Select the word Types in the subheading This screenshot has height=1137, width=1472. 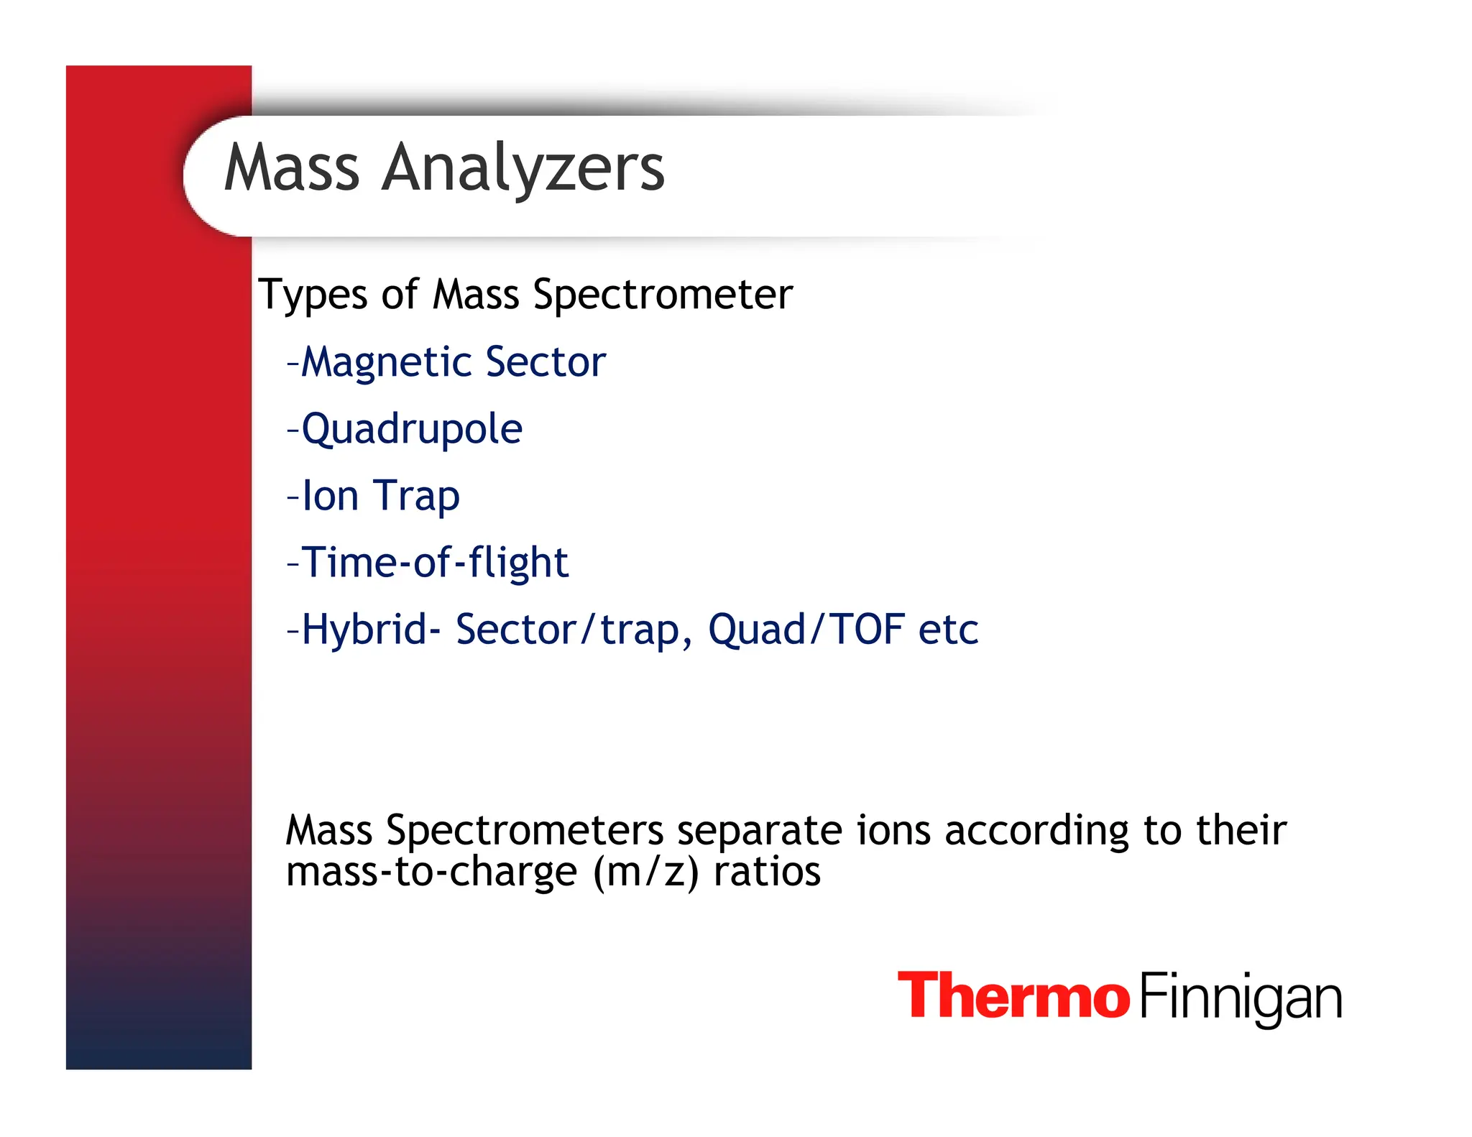(313, 295)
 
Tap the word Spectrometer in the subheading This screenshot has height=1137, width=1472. (663, 295)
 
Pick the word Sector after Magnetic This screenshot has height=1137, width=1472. (546, 362)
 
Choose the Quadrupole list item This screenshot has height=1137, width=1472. (411, 429)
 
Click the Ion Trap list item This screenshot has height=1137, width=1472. (380, 496)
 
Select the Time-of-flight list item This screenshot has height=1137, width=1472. (435, 562)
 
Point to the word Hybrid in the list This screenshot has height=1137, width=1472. (364, 629)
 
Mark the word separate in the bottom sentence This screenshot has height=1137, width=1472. (759, 831)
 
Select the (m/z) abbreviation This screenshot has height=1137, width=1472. (645, 873)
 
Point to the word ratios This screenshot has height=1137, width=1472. (767, 872)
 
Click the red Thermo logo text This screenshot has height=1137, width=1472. (1013, 995)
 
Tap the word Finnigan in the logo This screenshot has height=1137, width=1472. (1241, 998)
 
